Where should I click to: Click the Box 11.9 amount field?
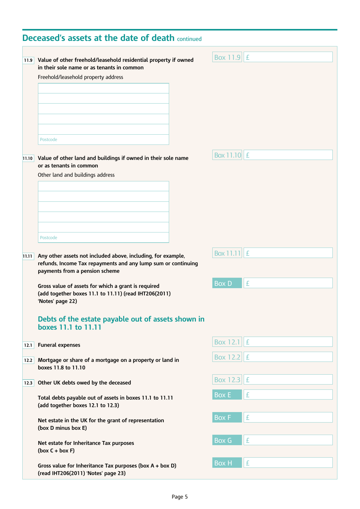288,57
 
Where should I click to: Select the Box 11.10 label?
227,155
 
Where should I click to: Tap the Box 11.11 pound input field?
288,253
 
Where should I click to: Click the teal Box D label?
227,283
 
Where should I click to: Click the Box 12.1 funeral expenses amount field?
288,342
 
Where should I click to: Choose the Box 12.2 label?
227,357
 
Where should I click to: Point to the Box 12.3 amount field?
288,380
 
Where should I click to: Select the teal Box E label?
227,395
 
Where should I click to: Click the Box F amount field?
288,418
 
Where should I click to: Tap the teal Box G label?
227,440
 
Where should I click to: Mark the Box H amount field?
288,463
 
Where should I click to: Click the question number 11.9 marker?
28,60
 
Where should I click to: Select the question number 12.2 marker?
28,360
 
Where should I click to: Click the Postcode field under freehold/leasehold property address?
103,140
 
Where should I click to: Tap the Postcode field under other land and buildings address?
103,238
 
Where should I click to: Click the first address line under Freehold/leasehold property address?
103,88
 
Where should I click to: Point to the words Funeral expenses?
59,345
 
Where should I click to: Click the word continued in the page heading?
189,39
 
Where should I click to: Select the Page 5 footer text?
180,497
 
